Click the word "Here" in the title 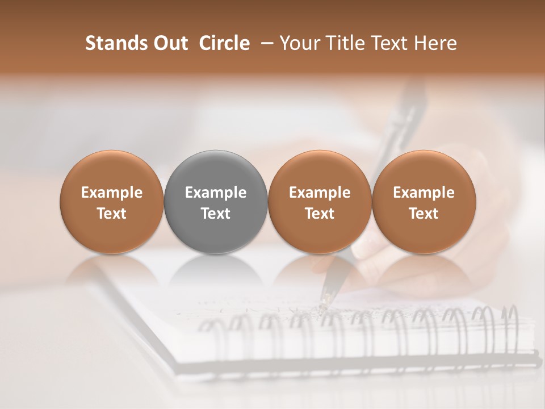[437, 43]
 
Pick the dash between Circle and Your [265, 43]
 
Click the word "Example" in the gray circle [216, 193]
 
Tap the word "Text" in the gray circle [216, 214]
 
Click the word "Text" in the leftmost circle [112, 214]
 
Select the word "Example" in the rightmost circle [424, 193]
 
